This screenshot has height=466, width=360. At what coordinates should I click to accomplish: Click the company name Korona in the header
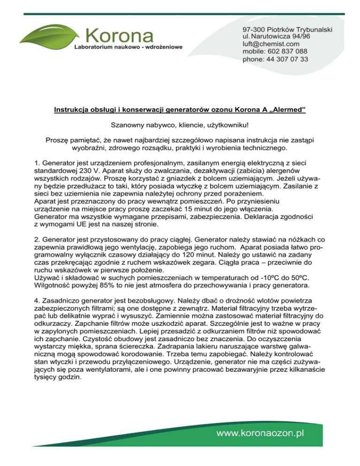[120, 35]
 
